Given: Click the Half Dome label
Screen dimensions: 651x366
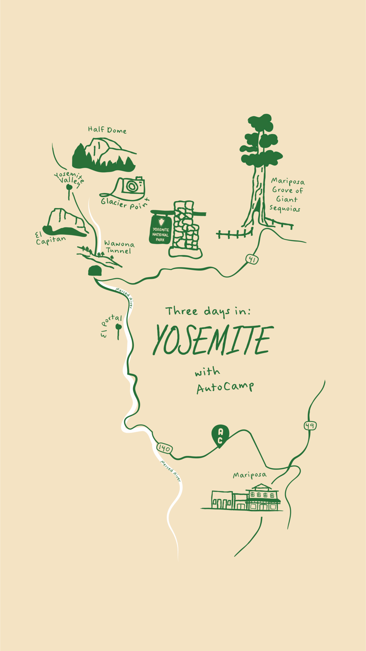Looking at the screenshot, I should pyautogui.click(x=107, y=130).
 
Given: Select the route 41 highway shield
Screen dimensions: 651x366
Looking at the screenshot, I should pyautogui.click(x=252, y=259).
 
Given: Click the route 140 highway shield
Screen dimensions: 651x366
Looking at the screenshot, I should pyautogui.click(x=164, y=448).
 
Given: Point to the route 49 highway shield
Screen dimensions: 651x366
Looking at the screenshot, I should pyautogui.click(x=310, y=425).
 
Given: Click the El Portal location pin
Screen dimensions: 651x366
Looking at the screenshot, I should pyautogui.click(x=119, y=327).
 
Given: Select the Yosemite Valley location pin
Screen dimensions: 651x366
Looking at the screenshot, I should pyautogui.click(x=69, y=188).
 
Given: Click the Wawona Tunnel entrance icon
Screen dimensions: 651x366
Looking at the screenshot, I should pyautogui.click(x=95, y=271).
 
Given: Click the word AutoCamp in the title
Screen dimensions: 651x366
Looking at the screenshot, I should pyautogui.click(x=225, y=388).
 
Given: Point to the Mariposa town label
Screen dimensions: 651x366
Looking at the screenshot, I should pyautogui.click(x=250, y=475).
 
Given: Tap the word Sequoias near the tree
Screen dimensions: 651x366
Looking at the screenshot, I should pyautogui.click(x=285, y=208).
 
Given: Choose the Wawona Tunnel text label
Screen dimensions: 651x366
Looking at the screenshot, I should pyautogui.click(x=119, y=247).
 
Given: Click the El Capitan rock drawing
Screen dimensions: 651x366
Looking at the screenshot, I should pyautogui.click(x=65, y=223).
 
